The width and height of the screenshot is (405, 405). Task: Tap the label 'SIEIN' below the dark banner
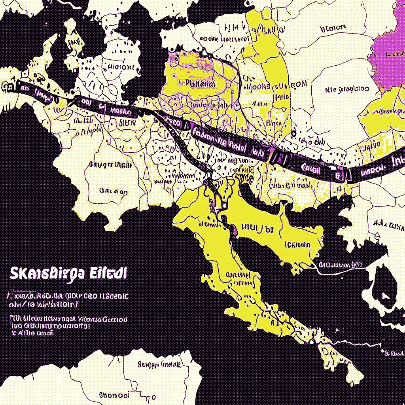[x=127, y=123]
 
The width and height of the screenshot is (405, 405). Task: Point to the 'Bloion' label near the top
[x=333, y=28]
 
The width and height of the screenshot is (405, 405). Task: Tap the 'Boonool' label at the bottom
[x=114, y=395]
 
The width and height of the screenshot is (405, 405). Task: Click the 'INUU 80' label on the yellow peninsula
[x=257, y=229]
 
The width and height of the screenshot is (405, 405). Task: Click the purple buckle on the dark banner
[x=279, y=158]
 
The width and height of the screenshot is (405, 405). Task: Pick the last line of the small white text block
[x=32, y=333]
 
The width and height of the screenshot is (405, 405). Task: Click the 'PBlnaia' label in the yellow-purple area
[x=200, y=84]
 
